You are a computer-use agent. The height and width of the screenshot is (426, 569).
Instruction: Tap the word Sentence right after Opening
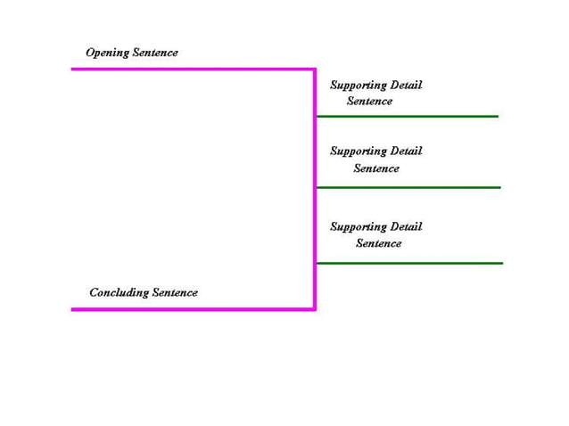tap(155, 53)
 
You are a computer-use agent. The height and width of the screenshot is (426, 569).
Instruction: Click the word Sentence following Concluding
tap(175, 292)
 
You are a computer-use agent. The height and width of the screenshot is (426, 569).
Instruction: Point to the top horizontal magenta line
tap(193, 69)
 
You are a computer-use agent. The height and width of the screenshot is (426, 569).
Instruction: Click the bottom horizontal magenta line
tap(193, 309)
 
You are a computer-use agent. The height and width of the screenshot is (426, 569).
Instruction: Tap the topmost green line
tap(407, 116)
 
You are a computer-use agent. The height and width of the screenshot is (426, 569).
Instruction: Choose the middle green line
tap(408, 187)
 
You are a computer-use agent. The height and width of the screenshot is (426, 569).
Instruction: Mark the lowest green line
tap(409, 263)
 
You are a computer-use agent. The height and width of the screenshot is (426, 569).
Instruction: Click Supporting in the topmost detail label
tap(359, 86)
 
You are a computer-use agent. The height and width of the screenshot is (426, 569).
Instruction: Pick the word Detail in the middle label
tap(406, 152)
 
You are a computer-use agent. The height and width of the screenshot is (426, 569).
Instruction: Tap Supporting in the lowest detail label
tap(359, 227)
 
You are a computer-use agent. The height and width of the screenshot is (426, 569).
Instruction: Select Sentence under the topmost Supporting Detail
tap(369, 102)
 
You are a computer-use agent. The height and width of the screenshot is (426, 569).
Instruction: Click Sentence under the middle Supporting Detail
tap(376, 168)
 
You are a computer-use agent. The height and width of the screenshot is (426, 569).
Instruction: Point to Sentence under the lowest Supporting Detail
tap(379, 243)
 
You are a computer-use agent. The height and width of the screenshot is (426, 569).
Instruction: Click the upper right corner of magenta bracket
tap(315, 69)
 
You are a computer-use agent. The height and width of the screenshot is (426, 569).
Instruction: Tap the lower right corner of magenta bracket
tap(315, 309)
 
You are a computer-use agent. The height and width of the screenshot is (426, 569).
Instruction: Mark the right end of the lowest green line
tap(501, 263)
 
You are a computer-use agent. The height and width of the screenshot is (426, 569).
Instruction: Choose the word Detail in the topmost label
tap(406, 86)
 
